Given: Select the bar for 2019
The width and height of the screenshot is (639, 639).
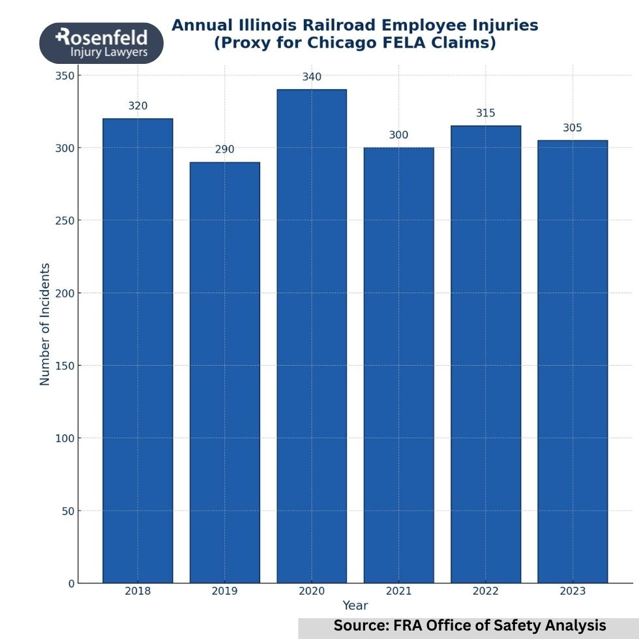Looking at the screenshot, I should pyautogui.click(x=224, y=372).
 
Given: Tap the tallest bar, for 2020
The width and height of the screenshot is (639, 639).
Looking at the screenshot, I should pyautogui.click(x=312, y=336).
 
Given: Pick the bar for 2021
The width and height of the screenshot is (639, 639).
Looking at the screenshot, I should pyautogui.click(x=398, y=365).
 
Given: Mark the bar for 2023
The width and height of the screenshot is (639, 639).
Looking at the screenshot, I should pyautogui.click(x=572, y=361).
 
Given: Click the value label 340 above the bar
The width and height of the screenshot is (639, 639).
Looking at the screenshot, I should pyautogui.click(x=312, y=77).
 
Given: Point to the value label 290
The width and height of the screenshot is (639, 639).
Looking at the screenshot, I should pyautogui.click(x=224, y=149).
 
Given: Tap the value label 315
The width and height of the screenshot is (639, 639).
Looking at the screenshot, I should pyautogui.click(x=486, y=113).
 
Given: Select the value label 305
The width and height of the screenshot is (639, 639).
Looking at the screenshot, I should pyautogui.click(x=572, y=128).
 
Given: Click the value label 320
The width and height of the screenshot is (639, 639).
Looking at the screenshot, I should pyautogui.click(x=138, y=106).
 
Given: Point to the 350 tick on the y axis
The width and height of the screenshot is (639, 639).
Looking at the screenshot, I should pyautogui.click(x=65, y=76).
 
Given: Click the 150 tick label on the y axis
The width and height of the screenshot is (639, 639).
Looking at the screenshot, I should pyautogui.click(x=65, y=366).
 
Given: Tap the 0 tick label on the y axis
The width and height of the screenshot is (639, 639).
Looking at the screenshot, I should pyautogui.click(x=71, y=584).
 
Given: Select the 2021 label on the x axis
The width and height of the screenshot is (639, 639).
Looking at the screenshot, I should pyautogui.click(x=398, y=591).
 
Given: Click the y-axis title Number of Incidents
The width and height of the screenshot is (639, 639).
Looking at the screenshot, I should pyautogui.click(x=45, y=324).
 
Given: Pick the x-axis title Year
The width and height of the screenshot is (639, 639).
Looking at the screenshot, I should pyautogui.click(x=355, y=606).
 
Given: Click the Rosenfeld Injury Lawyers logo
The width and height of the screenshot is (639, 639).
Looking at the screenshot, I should pyautogui.click(x=101, y=42).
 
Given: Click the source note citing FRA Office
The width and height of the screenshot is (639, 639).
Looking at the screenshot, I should pyautogui.click(x=469, y=625).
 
